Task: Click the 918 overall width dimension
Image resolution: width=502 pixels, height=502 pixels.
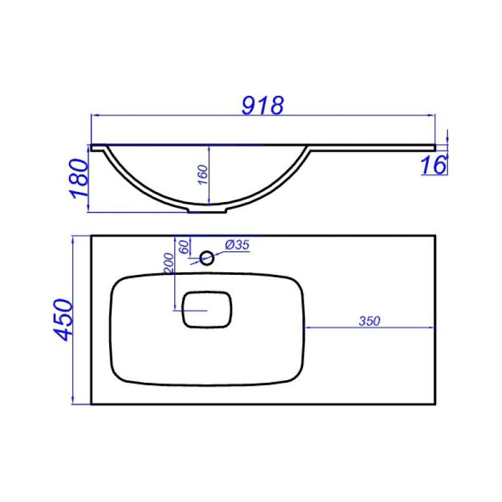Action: pyautogui.click(x=262, y=105)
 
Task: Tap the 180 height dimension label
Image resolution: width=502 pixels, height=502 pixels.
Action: pyautogui.click(x=78, y=178)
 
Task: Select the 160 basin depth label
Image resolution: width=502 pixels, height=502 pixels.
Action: pyautogui.click(x=203, y=174)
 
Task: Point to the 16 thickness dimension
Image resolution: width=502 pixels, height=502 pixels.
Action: pyautogui.click(x=433, y=165)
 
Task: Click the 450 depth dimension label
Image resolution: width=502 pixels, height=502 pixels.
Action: pyautogui.click(x=63, y=320)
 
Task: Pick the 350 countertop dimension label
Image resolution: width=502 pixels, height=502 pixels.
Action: pyautogui.click(x=370, y=321)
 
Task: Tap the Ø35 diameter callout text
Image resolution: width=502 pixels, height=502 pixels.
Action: pyautogui.click(x=237, y=245)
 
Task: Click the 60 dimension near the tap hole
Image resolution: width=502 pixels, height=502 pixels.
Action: pyautogui.click(x=184, y=247)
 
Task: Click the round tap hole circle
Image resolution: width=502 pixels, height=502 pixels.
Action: pyautogui.click(x=207, y=258)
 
